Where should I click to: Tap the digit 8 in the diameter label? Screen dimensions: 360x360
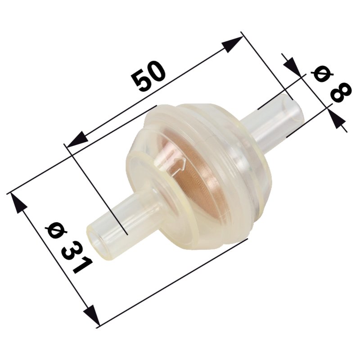coord(340,92)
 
